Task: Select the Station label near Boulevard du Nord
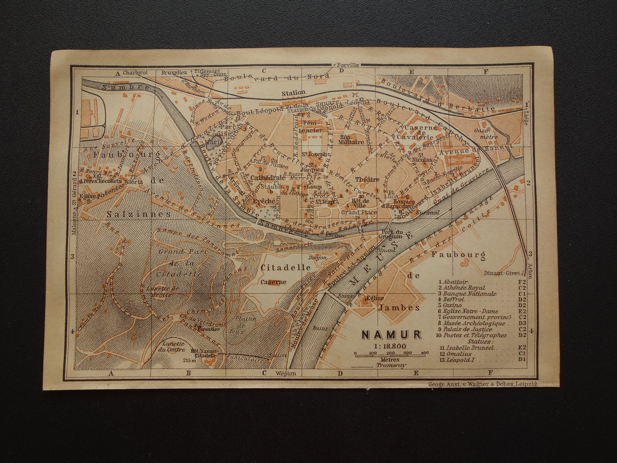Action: click(293, 93)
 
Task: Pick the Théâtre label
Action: click(367, 179)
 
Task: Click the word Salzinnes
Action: click(133, 214)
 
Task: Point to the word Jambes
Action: click(402, 307)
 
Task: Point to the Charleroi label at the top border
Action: click(135, 73)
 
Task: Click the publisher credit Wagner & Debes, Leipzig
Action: click(482, 384)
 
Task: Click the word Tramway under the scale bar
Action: click(389, 366)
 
